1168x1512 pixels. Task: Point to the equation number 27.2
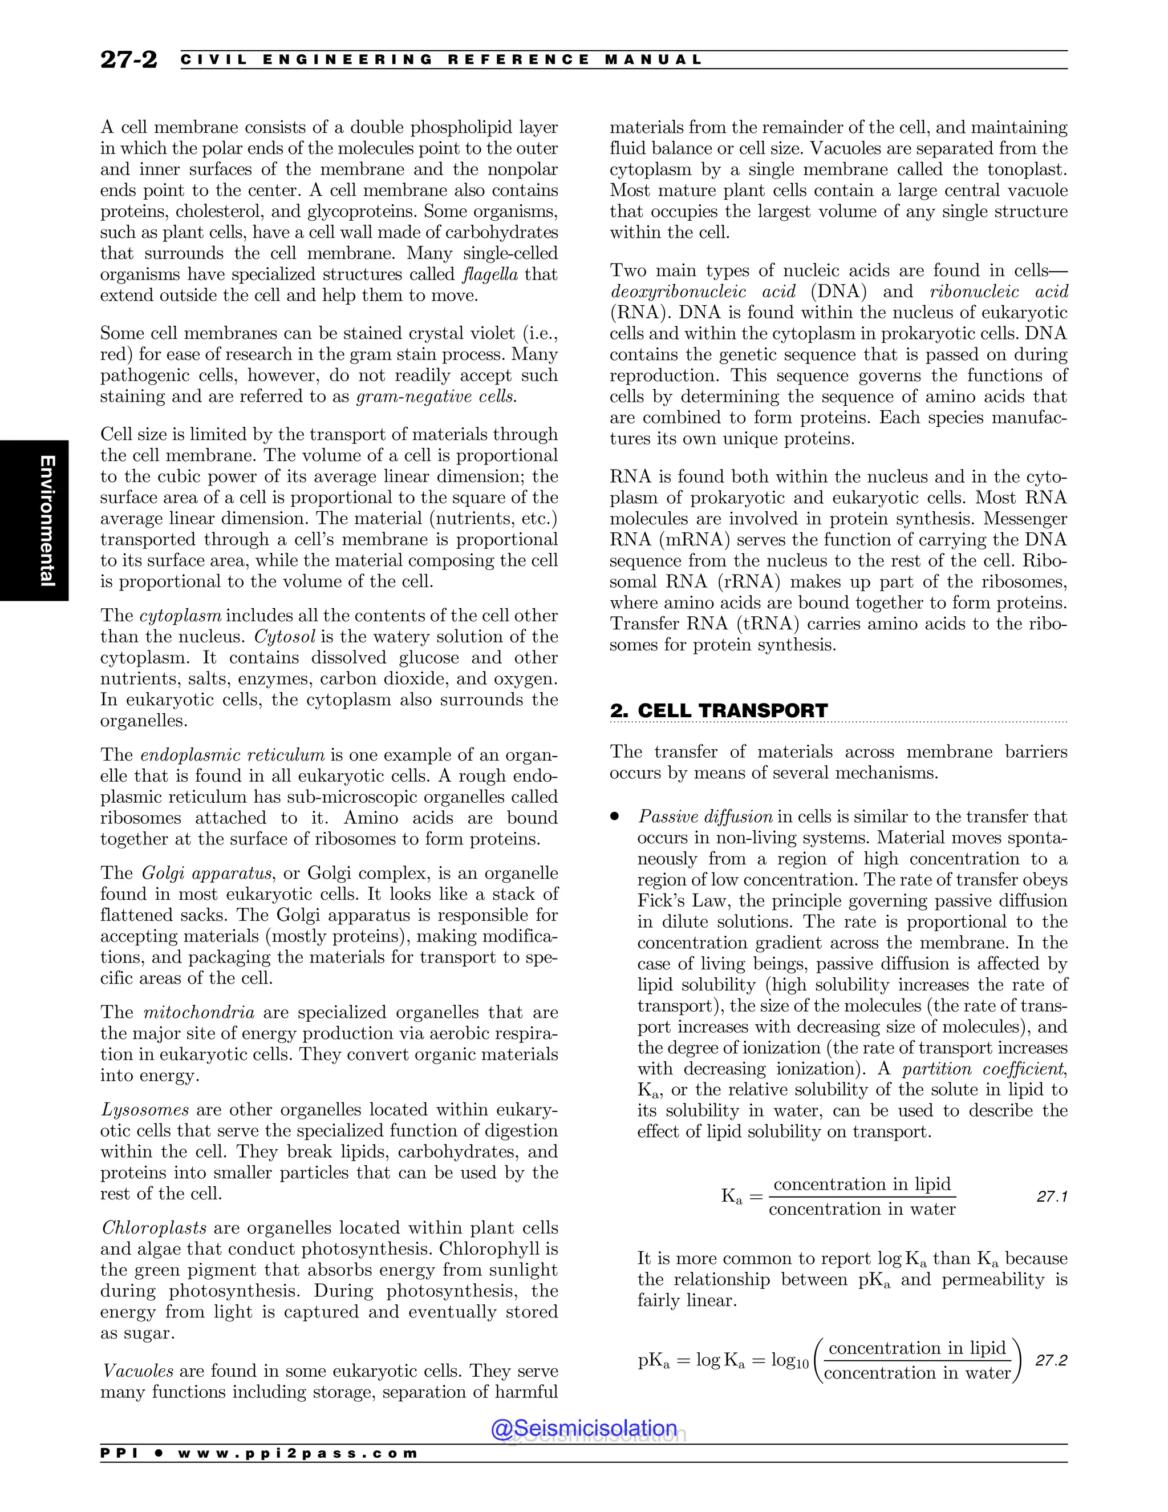point(1051,1360)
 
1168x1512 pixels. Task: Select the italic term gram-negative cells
point(436,397)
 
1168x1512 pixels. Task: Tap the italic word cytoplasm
point(181,616)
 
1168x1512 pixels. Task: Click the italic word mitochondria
point(198,1012)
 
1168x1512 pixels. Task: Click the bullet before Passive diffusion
point(614,817)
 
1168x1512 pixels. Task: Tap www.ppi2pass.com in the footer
point(298,1453)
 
